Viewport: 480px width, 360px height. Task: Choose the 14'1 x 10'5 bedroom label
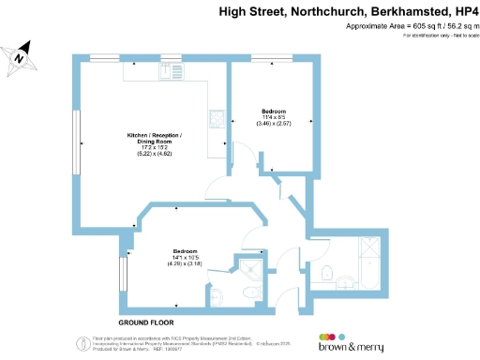[185, 257]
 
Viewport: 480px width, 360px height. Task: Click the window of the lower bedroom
[122, 277]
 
